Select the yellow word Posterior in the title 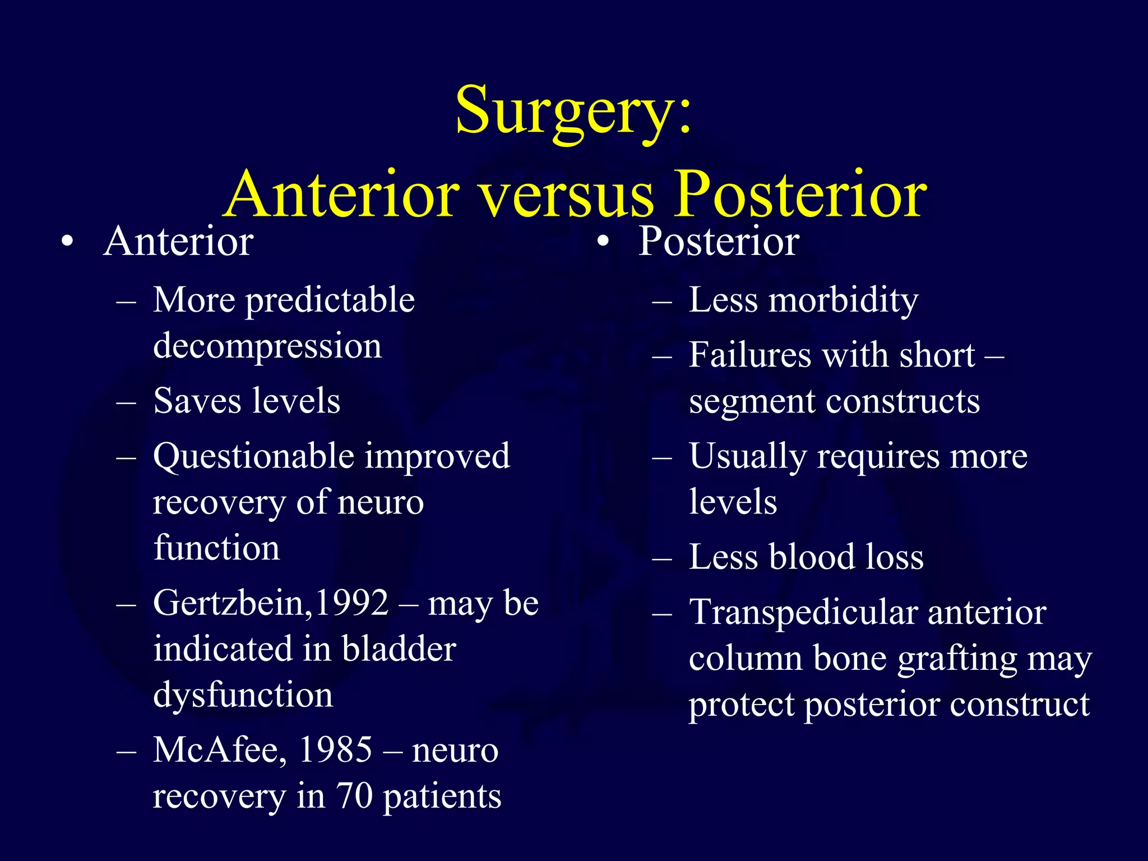[x=800, y=195]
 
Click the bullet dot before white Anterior [x=67, y=242]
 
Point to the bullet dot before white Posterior [x=603, y=242]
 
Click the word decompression [x=267, y=347]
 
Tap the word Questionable [x=252, y=457]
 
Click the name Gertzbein [x=230, y=604]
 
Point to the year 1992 [x=351, y=604]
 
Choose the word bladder [x=399, y=650]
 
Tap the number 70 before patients [x=354, y=796]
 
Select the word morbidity [x=844, y=301]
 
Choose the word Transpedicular [x=803, y=612]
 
